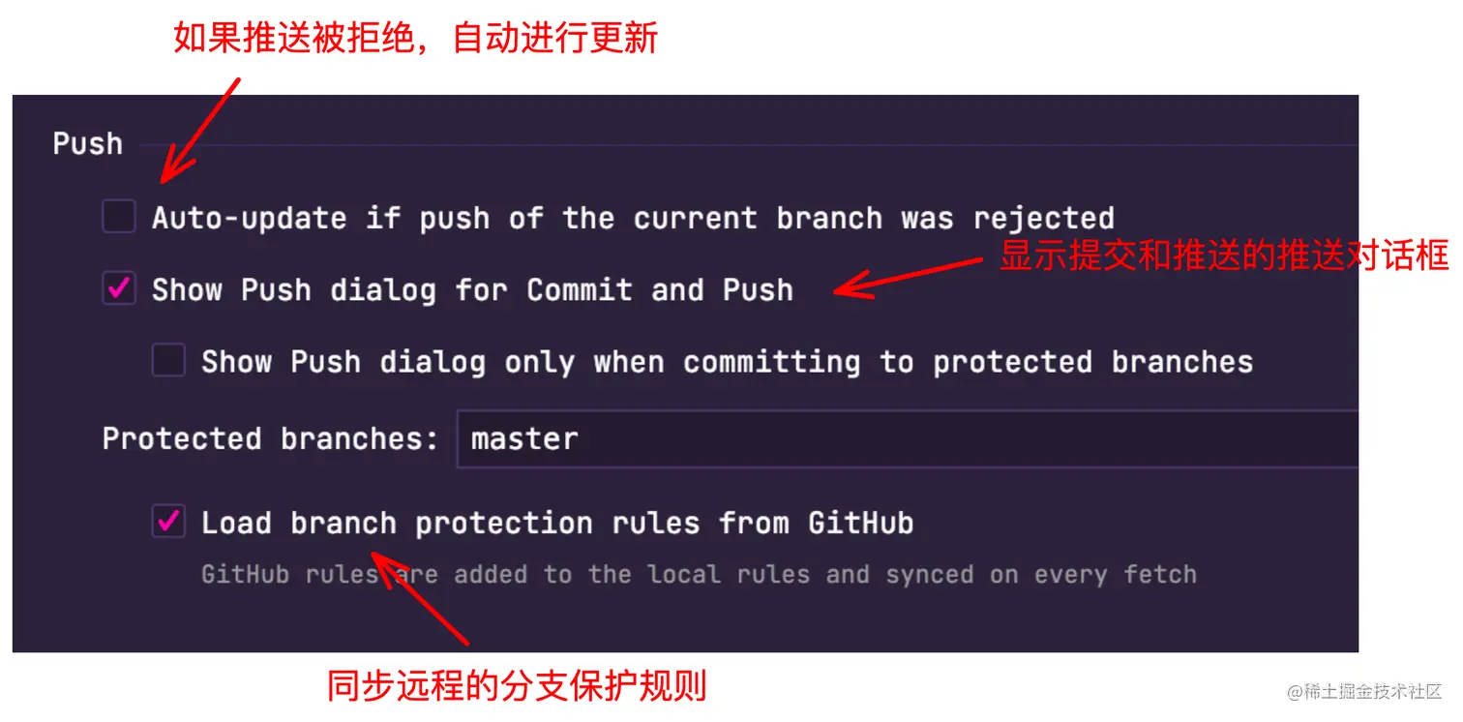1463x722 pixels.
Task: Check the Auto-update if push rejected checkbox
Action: pos(119,216)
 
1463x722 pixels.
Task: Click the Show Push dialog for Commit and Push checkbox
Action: pos(119,288)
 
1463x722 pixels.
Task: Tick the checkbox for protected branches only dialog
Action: pos(168,360)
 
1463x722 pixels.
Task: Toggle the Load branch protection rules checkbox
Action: pos(168,521)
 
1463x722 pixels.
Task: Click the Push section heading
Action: pos(87,144)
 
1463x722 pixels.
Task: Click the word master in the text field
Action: pos(524,439)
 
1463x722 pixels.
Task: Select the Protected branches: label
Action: pos(270,438)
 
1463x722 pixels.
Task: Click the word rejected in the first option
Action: pos(1044,219)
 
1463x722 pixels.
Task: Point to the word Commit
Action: pos(580,290)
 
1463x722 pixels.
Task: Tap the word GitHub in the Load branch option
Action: pos(861,523)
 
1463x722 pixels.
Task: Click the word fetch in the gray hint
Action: pos(1160,575)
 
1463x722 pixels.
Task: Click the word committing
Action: pos(771,363)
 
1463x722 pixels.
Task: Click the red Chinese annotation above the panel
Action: pos(415,38)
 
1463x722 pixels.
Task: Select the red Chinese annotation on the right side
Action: pos(1225,255)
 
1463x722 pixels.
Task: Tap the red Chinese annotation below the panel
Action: pos(517,685)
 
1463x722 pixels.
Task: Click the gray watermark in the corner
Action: pos(1363,691)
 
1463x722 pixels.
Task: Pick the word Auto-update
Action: pos(249,219)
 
